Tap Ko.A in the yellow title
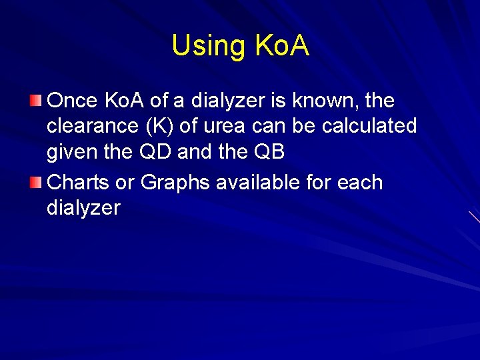click(282, 46)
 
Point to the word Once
click(73, 101)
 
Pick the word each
click(361, 183)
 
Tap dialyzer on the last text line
click(83, 208)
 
